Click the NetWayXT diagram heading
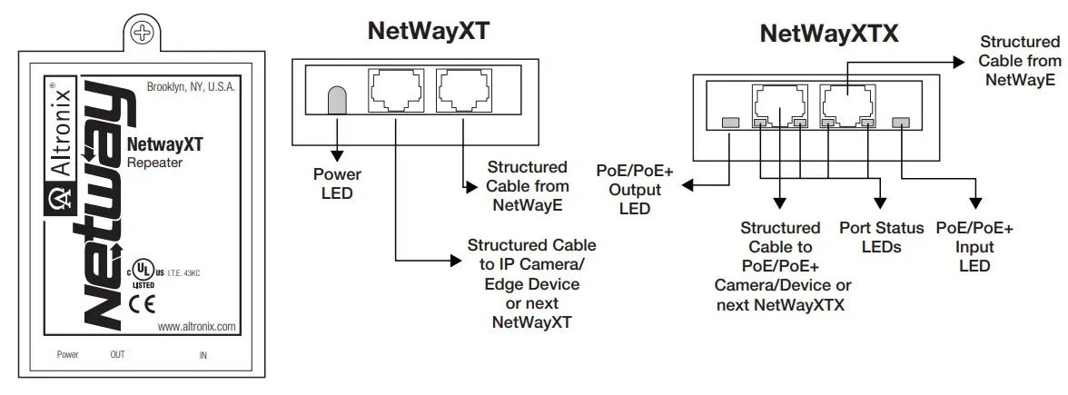(428, 31)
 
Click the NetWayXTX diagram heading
(828, 35)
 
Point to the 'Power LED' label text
(337, 183)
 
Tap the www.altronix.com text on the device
(196, 326)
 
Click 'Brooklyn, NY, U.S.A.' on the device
(191, 87)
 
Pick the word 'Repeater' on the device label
(153, 163)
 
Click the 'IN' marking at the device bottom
(203, 355)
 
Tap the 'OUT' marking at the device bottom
(117, 355)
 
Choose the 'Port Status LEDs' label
(881, 237)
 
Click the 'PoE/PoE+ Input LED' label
(974, 247)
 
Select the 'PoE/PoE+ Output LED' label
(635, 190)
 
